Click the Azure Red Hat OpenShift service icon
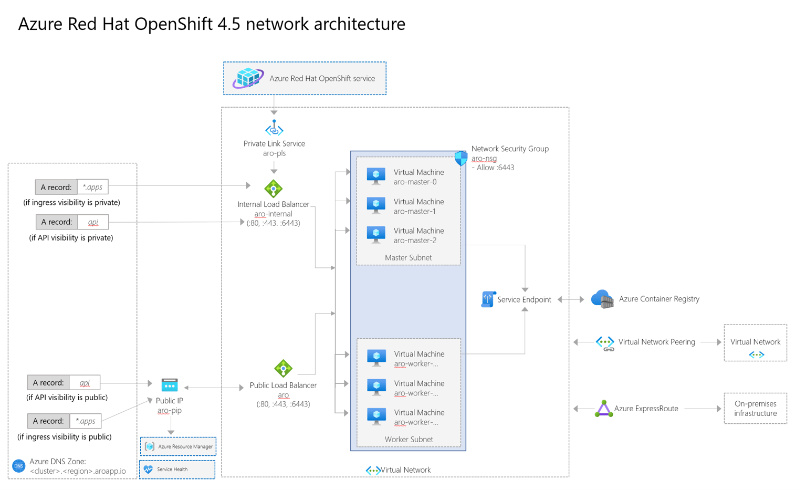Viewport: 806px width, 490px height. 248,78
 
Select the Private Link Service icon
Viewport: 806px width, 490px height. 274,128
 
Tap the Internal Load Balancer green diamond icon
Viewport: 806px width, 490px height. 273,189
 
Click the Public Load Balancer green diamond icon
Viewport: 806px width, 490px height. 283,369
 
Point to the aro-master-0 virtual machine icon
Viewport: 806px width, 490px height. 376,176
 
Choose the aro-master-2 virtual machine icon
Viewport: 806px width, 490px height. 376,234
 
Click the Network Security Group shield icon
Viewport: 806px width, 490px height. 460,158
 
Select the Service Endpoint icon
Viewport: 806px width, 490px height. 488,299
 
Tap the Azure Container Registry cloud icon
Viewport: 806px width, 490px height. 602,299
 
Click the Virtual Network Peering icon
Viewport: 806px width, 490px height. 605,343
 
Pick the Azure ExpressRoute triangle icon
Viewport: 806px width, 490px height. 603,409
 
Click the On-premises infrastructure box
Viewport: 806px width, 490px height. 755,408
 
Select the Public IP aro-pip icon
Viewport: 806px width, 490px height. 169,385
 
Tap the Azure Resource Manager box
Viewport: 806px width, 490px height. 178,446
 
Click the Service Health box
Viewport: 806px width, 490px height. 177,470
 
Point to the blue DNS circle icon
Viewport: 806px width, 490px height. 19,466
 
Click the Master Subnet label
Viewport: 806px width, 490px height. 408,257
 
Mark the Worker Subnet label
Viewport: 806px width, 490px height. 409,439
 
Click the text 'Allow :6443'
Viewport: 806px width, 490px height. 495,168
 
